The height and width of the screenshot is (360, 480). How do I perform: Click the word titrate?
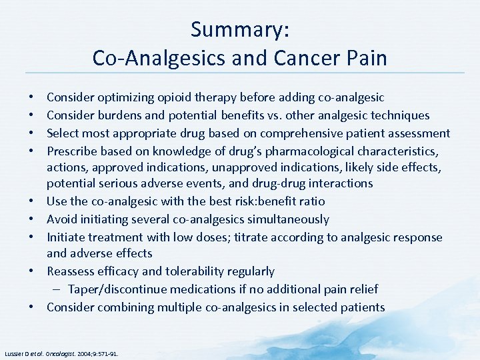pyautogui.click(x=245, y=237)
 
